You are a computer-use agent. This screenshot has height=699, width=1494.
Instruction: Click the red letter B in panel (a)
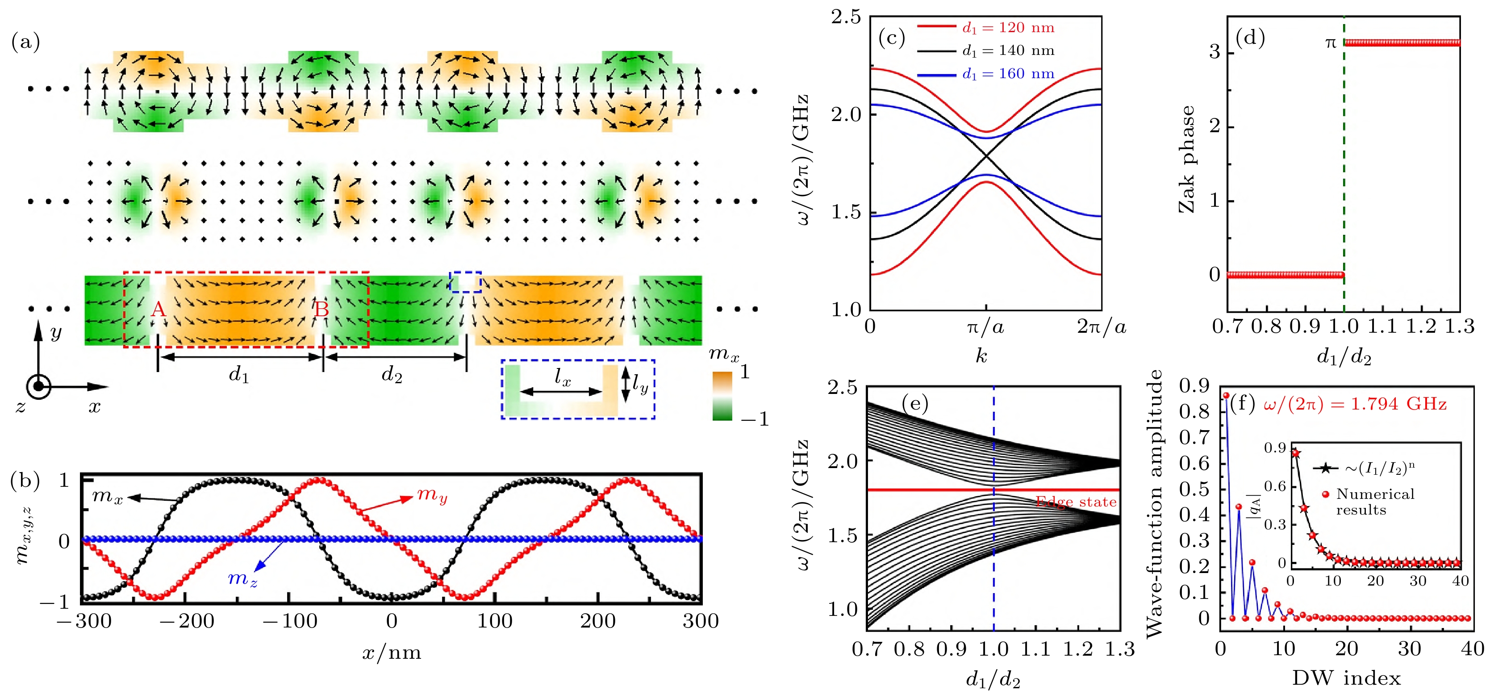click(x=322, y=310)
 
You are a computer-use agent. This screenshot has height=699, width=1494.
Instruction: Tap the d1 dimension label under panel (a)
click(x=239, y=375)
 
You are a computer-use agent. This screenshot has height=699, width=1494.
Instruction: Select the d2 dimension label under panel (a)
click(x=392, y=375)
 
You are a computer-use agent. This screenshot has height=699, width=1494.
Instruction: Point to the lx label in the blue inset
click(x=563, y=378)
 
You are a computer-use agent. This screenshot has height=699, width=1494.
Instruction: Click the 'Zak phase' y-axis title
click(x=1187, y=159)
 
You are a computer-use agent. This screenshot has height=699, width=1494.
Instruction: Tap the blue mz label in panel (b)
click(x=242, y=578)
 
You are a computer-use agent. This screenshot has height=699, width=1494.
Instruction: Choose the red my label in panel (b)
click(x=432, y=495)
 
